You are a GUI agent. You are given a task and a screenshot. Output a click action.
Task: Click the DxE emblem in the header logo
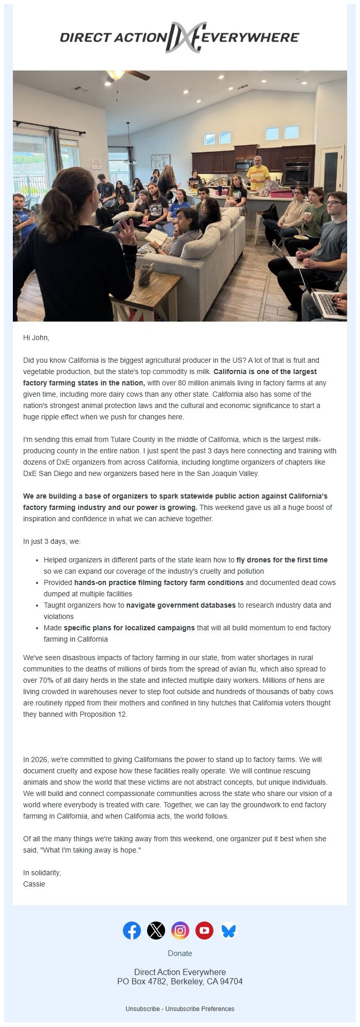(x=185, y=38)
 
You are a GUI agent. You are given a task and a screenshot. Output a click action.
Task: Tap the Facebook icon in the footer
(x=132, y=930)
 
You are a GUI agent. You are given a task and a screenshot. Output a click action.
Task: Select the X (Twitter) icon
(x=156, y=930)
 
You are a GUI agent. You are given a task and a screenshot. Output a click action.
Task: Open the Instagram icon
(x=180, y=930)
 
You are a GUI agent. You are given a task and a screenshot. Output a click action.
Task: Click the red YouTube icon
(x=204, y=930)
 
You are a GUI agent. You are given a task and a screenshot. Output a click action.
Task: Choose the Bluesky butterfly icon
(x=228, y=930)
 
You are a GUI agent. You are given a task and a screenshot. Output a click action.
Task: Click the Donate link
(x=180, y=953)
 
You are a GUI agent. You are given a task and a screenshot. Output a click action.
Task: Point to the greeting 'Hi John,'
(x=36, y=338)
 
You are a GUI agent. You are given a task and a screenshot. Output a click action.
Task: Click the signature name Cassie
(x=34, y=884)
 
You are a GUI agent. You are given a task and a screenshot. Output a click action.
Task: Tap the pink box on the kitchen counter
(x=281, y=194)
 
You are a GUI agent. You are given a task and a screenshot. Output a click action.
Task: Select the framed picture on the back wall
(x=160, y=161)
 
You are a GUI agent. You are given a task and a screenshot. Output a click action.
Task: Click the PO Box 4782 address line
(x=180, y=982)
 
